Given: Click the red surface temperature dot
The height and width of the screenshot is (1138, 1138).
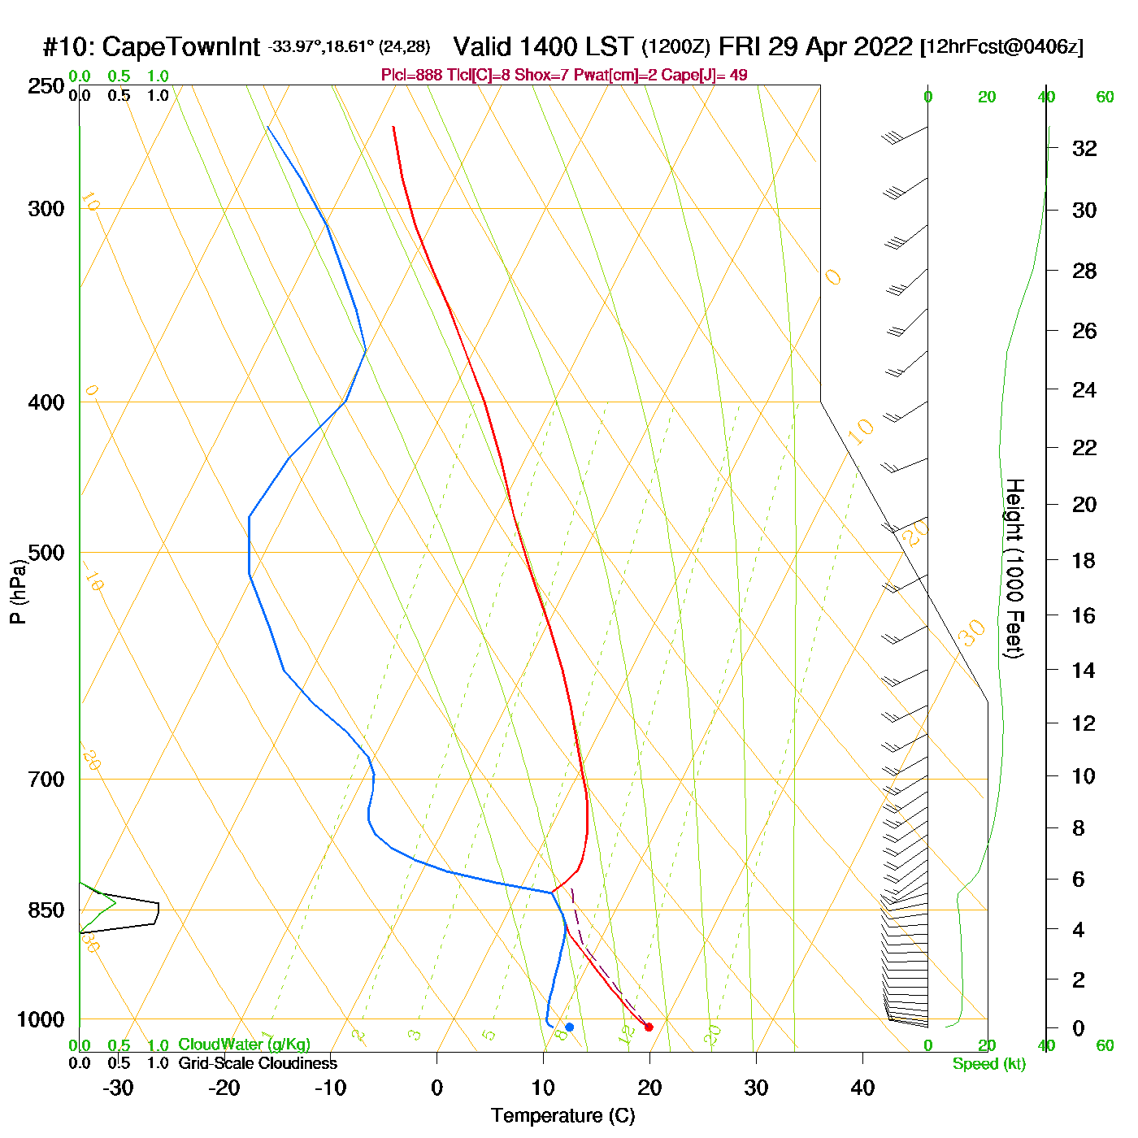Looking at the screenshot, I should click(x=649, y=1027).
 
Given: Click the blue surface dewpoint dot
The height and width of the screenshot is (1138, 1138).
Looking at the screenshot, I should click(x=570, y=1027).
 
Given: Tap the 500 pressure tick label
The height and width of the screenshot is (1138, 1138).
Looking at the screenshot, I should click(x=46, y=553).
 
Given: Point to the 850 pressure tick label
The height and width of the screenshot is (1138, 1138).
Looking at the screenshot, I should click(x=46, y=910).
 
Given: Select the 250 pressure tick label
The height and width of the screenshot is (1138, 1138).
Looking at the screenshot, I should click(x=46, y=86).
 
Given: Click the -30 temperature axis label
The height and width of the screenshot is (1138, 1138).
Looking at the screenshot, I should click(x=118, y=1088).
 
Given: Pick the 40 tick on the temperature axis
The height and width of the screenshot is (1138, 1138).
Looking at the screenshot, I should click(x=862, y=1088).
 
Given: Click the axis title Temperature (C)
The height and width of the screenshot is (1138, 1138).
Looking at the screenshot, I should click(x=562, y=1116).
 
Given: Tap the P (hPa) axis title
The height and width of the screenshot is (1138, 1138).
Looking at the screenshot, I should click(x=18, y=591).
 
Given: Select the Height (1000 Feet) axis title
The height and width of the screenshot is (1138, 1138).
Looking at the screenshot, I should click(x=1014, y=568).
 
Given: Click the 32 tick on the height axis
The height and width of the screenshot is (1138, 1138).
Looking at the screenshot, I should click(x=1084, y=148).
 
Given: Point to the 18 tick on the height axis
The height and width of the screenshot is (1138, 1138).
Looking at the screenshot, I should click(x=1084, y=560).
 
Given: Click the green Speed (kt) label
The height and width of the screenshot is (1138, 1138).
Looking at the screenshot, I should click(x=989, y=1064).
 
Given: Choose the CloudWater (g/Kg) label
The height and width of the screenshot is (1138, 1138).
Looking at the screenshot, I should click(x=244, y=1045).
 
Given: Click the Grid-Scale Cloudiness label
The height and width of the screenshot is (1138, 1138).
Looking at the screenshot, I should click(x=258, y=1063).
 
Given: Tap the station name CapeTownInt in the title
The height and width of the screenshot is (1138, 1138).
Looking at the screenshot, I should click(x=181, y=47).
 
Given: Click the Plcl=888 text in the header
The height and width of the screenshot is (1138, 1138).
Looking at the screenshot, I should click(x=412, y=76).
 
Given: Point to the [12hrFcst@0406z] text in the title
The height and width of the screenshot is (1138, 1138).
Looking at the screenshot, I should click(x=1001, y=46).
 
